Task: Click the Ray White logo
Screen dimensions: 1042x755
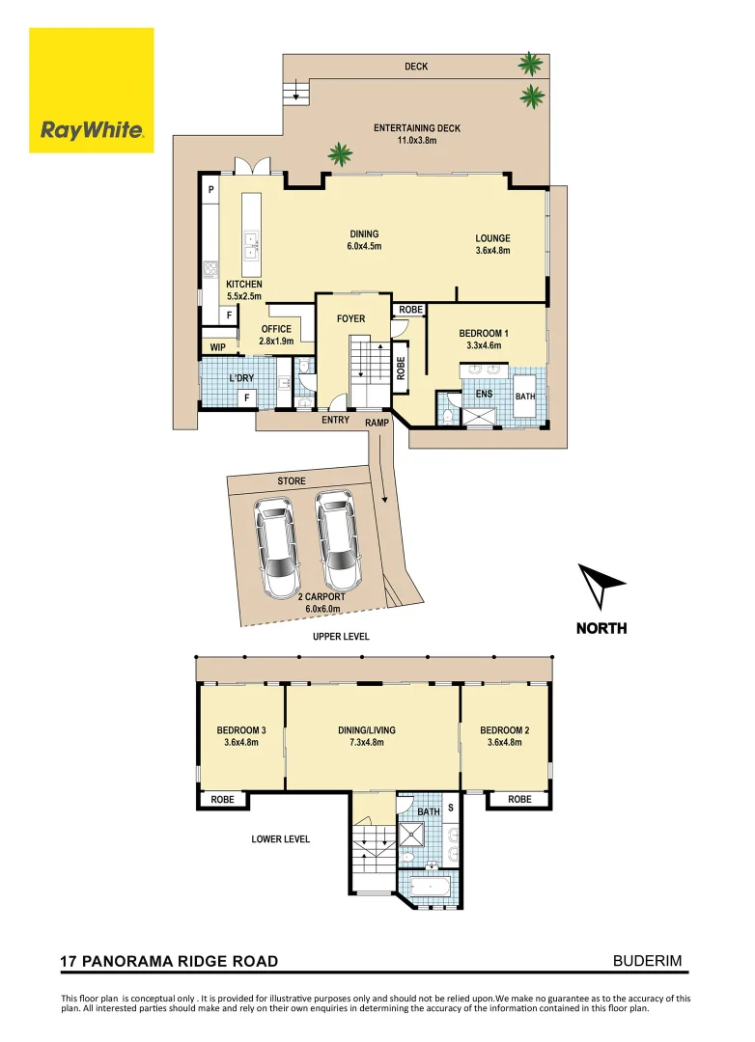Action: (92, 90)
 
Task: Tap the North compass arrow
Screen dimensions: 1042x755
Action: (601, 587)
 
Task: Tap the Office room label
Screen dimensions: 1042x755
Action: (275, 335)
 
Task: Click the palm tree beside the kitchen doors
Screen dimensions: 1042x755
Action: (340, 153)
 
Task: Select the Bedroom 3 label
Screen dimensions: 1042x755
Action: (240, 736)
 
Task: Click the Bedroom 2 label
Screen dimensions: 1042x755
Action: (504, 736)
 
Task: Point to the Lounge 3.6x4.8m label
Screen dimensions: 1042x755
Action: (491, 244)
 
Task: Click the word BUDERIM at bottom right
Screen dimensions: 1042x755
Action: (654, 960)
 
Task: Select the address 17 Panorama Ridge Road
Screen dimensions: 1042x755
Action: (169, 961)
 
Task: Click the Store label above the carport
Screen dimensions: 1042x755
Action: (291, 480)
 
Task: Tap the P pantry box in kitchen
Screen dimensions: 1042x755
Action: (210, 190)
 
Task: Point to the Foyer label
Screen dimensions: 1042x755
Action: (350, 317)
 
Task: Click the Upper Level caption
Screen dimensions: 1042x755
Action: (340, 637)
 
